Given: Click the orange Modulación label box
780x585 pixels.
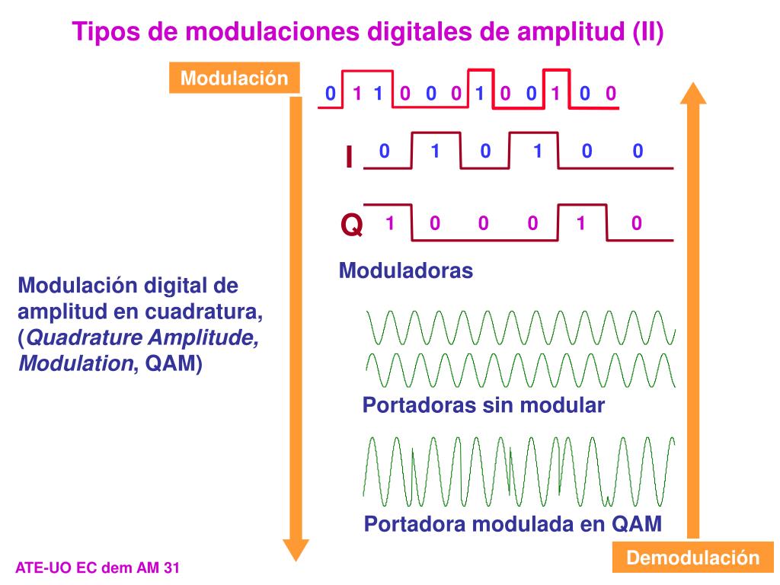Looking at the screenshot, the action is pyautogui.click(x=234, y=78).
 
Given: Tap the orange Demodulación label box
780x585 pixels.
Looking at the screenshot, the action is pyautogui.click(x=692, y=558).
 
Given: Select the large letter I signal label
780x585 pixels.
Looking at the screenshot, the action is pyautogui.click(x=349, y=157).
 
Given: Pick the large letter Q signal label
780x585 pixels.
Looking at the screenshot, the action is pyautogui.click(x=351, y=225).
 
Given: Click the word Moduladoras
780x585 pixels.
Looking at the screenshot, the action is pyautogui.click(x=405, y=270).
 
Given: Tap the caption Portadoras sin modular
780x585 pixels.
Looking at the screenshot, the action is pyautogui.click(x=483, y=405).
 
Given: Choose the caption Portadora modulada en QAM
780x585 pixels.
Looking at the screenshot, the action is pyautogui.click(x=513, y=524).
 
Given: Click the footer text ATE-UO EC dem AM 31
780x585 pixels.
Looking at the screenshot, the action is pyautogui.click(x=97, y=567).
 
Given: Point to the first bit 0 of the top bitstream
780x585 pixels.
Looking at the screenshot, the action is pyautogui.click(x=330, y=94).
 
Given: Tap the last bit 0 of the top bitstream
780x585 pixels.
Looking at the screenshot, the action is pyautogui.click(x=610, y=94).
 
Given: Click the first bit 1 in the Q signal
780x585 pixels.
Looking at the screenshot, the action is pyautogui.click(x=389, y=223).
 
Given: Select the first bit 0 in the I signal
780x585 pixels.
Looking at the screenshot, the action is pyautogui.click(x=385, y=151).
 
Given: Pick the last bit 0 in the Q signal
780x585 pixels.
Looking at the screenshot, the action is pyautogui.click(x=637, y=223).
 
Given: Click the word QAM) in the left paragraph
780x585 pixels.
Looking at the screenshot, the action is pyautogui.click(x=174, y=363).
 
